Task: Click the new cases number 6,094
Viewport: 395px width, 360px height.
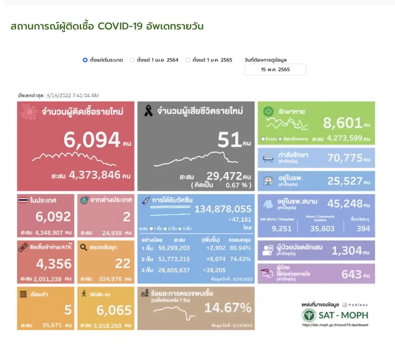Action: click(91, 140)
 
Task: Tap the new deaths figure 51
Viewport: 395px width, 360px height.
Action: click(230, 140)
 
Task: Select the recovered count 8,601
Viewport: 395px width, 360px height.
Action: click(342, 123)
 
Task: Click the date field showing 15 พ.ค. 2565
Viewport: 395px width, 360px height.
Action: click(275, 70)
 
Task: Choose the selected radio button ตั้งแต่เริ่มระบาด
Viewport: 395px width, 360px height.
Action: click(85, 60)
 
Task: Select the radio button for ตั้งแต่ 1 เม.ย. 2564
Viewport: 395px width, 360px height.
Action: click(132, 60)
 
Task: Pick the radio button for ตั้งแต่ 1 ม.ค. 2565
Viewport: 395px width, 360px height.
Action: click(188, 60)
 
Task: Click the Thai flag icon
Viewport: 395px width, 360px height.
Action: click(23, 201)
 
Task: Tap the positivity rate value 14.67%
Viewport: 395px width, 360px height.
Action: click(228, 308)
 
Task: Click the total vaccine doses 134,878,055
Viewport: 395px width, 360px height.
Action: click(223, 209)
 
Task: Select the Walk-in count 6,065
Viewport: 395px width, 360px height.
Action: click(114, 310)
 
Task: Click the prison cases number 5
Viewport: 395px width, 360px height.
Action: click(68, 310)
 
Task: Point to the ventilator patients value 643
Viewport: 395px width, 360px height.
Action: click(351, 274)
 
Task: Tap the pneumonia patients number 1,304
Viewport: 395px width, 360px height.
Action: click(346, 250)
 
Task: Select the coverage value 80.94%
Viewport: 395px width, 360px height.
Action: click(242, 248)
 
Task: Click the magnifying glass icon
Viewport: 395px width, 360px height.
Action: click(84, 248)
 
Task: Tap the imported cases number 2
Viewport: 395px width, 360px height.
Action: click(127, 217)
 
